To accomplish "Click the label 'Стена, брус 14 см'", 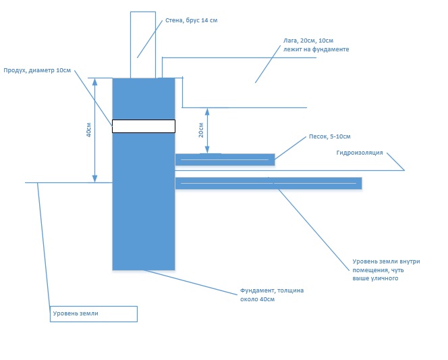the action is (x=192, y=20).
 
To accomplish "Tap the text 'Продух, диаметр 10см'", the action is (x=37, y=70).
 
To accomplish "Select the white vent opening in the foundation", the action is (x=144, y=126).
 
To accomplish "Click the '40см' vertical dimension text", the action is (x=89, y=130).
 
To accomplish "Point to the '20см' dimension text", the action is (x=201, y=130).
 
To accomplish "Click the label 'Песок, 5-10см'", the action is (x=330, y=136).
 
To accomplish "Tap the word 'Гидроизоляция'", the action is (x=360, y=153).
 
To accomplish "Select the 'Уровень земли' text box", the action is (x=94, y=314).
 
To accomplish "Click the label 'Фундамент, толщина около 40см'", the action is (x=272, y=294).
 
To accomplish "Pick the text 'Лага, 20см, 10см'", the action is (x=308, y=41).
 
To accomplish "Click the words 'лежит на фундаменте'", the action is (x=316, y=49).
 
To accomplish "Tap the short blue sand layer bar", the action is (x=225, y=159).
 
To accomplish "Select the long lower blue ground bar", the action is (x=269, y=183).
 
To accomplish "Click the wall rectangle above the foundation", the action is (x=143, y=45).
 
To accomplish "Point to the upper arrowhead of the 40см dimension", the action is (x=95, y=82).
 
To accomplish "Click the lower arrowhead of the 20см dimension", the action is (x=207, y=149).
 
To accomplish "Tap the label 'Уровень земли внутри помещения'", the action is (x=386, y=265).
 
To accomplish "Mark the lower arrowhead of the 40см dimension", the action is (x=95, y=178).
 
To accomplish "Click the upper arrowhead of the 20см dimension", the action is (x=207, y=112).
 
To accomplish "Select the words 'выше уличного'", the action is (x=375, y=278).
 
